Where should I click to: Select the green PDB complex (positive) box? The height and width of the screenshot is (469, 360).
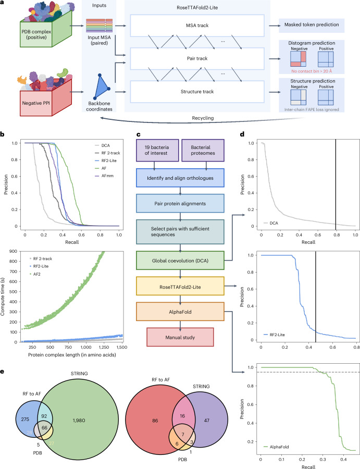coord(34,33)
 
